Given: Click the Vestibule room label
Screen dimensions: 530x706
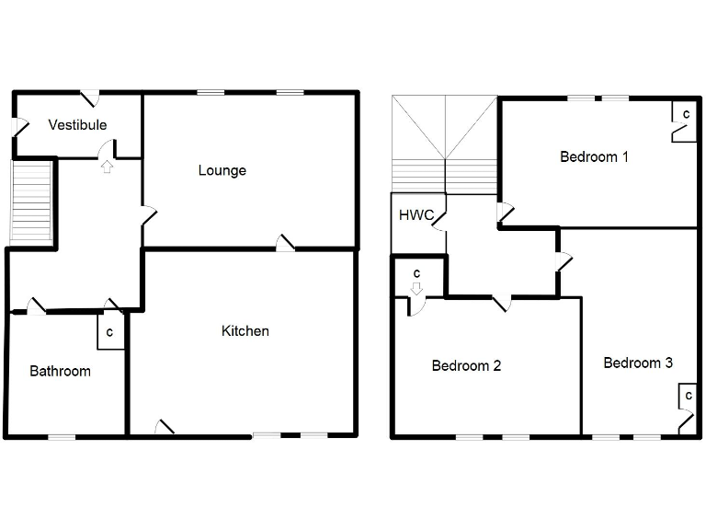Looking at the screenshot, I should click(x=78, y=125).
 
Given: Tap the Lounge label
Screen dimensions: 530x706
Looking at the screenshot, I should click(x=222, y=170).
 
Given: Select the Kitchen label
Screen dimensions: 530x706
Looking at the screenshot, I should click(x=245, y=330).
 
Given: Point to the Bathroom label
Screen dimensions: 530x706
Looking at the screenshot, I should click(x=61, y=372).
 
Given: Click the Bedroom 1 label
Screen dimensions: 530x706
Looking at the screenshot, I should click(x=594, y=156).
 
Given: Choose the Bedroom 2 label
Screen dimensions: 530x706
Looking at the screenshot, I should click(x=466, y=365).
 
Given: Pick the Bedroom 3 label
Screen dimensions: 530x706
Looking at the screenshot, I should click(x=638, y=363).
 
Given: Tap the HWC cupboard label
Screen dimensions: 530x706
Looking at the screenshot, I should click(x=416, y=215).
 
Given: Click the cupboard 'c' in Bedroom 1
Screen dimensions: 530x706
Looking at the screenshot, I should click(x=686, y=113).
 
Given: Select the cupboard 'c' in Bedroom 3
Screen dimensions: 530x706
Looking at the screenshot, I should click(x=686, y=396).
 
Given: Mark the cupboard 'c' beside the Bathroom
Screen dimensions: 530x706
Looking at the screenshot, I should click(x=109, y=332).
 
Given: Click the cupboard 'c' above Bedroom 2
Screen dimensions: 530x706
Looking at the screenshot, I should click(x=416, y=273).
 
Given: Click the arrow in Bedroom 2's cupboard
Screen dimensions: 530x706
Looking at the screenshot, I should click(x=416, y=288).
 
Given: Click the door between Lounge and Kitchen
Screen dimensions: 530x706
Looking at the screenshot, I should click(x=285, y=242).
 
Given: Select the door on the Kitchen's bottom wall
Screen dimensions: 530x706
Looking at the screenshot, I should click(x=164, y=428).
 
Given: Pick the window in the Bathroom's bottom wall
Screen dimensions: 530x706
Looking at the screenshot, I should click(x=62, y=436).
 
